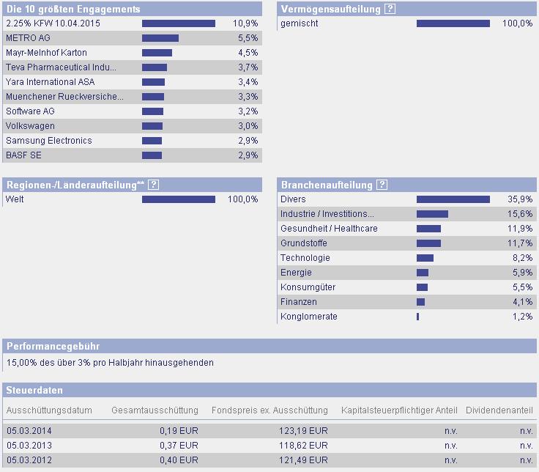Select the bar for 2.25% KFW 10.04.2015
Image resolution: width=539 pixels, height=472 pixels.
(x=178, y=23)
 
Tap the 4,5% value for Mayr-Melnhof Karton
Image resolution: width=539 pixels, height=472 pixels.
(x=248, y=53)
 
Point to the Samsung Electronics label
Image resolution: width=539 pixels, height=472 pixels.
(x=48, y=141)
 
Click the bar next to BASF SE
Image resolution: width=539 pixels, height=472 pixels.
(x=152, y=155)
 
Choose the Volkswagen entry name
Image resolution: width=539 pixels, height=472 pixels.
(x=30, y=126)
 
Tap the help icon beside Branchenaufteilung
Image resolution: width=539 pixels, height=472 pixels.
(x=382, y=185)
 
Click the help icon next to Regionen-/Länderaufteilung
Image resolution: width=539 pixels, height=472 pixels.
(x=153, y=185)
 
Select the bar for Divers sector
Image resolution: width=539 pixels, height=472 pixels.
(x=453, y=199)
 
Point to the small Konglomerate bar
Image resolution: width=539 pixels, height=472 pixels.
(x=417, y=317)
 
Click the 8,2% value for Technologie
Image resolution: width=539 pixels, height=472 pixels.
(x=522, y=258)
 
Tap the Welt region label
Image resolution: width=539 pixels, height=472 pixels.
(x=15, y=199)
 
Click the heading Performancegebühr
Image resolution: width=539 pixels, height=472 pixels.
(x=52, y=346)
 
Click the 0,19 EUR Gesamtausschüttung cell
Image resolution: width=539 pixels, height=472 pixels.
(x=179, y=430)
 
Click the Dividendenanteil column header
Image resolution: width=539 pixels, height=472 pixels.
(x=499, y=410)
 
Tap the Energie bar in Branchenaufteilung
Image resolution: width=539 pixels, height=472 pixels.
(x=423, y=273)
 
